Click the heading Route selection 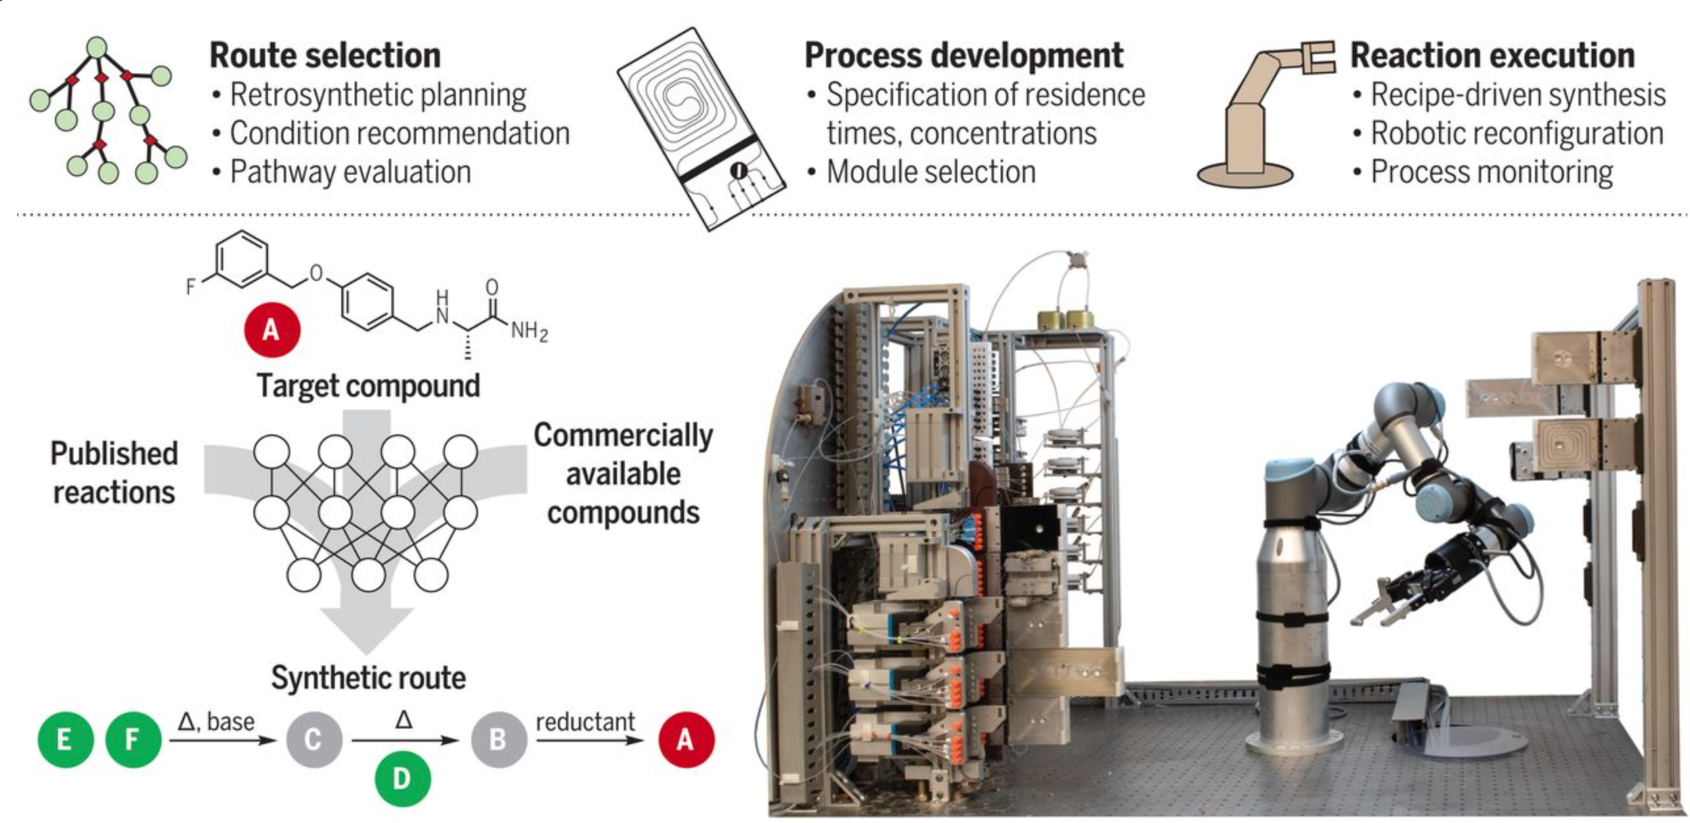[x=325, y=55]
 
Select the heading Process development [x=964, y=55]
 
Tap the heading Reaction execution [x=1492, y=55]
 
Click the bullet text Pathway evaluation [x=350, y=172]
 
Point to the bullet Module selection [x=930, y=172]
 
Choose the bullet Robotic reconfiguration [x=1517, y=133]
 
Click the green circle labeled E [x=65, y=740]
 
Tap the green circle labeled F [x=133, y=740]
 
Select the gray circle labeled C [x=313, y=740]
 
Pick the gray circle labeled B [x=498, y=740]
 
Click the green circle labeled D [x=402, y=778]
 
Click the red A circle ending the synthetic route [x=685, y=740]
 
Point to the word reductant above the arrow [x=585, y=722]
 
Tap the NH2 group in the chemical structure [x=529, y=330]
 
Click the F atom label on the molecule [x=191, y=286]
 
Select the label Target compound [x=368, y=385]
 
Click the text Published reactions [x=114, y=473]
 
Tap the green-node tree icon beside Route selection [x=105, y=112]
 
